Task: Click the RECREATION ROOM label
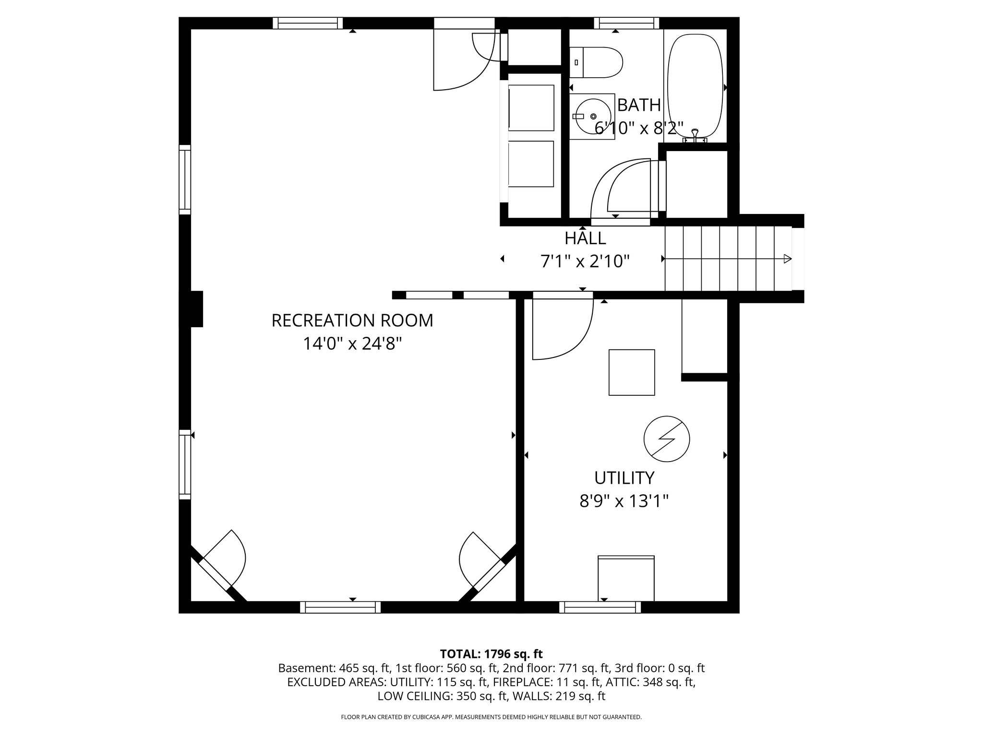[352, 321]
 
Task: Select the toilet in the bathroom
[596, 62]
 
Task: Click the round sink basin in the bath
[593, 116]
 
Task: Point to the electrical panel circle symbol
[667, 439]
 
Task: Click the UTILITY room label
[624, 478]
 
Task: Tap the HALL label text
[585, 238]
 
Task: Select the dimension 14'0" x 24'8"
[352, 344]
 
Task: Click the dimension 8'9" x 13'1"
[624, 501]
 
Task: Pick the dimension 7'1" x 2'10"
[585, 262]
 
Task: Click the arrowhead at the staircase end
[788, 259]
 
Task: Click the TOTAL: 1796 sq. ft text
[491, 654]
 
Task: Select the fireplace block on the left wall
[197, 309]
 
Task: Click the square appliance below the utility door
[632, 372]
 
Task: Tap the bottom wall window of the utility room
[600, 607]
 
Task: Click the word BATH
[639, 105]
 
